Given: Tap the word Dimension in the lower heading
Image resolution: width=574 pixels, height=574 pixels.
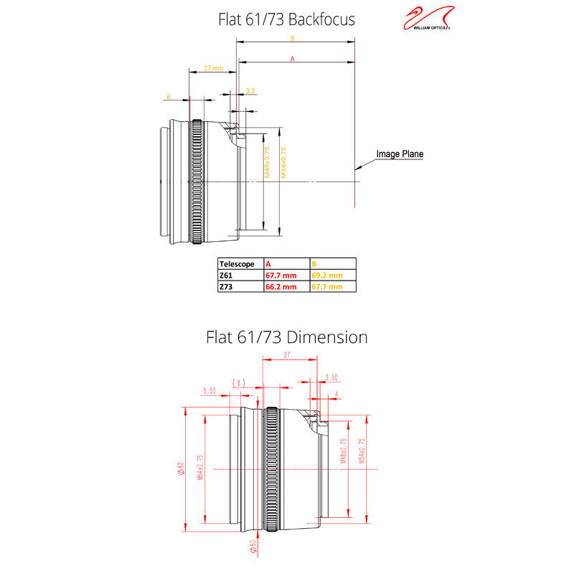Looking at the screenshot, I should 327,337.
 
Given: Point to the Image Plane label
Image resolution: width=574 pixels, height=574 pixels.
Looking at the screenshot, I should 400,154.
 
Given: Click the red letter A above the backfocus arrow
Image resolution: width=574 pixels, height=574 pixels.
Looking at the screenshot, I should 292,60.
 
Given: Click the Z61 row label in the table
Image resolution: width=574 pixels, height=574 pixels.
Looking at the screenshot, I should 226,275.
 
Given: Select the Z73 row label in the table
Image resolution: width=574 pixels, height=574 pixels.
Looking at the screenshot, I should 226,286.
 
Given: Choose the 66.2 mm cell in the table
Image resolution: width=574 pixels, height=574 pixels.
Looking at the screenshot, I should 281,286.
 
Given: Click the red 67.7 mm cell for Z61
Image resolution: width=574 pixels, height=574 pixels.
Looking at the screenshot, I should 281,275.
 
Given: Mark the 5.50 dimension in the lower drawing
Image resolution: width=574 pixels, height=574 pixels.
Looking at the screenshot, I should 210,391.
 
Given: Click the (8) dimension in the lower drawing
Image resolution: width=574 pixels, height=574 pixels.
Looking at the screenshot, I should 239,382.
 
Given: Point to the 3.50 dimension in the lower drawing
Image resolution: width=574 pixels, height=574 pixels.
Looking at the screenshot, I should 331,377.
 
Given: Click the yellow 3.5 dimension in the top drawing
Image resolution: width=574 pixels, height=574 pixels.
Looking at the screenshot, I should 250,91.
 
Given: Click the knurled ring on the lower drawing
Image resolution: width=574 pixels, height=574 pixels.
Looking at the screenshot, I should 272,470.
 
